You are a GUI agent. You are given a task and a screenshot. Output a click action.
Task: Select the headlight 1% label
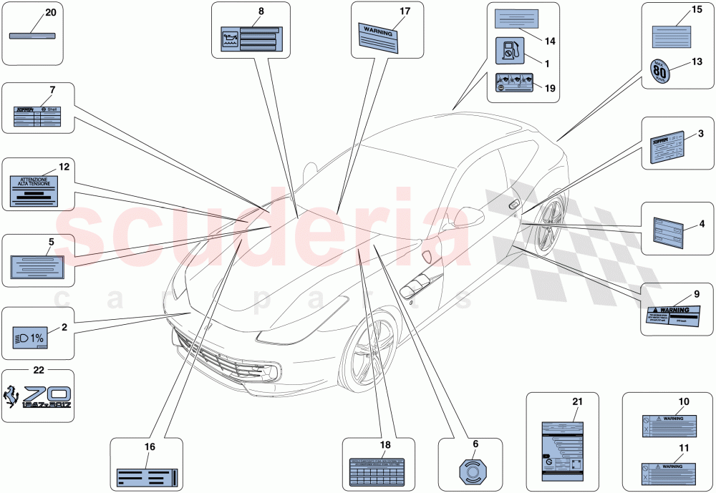tap(30, 336)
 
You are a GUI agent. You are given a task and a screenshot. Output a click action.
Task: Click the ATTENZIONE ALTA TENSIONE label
tap(37, 188)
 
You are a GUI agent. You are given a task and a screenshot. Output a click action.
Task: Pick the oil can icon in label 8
tap(231, 37)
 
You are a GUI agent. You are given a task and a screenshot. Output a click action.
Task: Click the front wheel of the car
tap(371, 351)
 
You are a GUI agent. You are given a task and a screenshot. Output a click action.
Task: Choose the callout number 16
tap(150, 447)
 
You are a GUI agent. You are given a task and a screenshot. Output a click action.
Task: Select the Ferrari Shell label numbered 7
tap(37, 117)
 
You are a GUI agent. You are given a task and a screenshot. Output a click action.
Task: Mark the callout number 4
tap(702, 223)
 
